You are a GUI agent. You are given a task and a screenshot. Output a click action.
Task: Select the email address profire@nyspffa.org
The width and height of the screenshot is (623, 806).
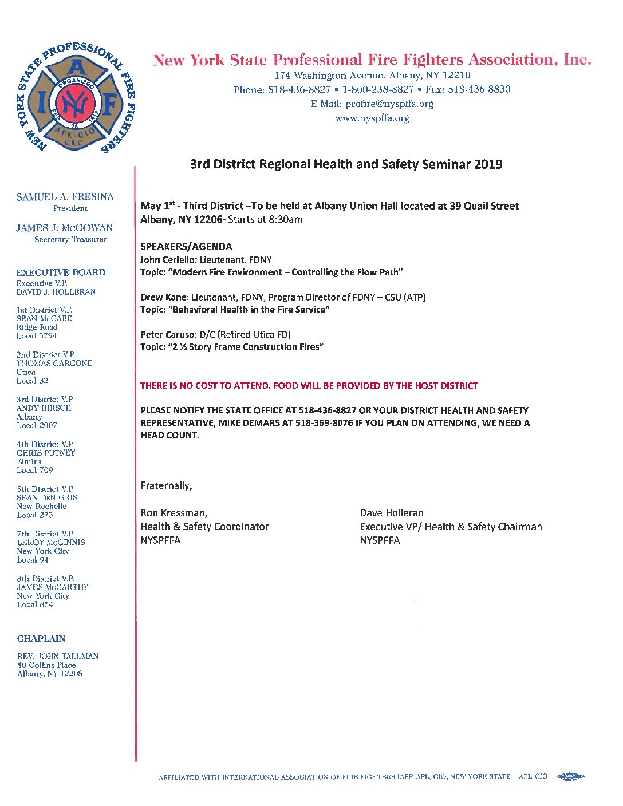point(389,104)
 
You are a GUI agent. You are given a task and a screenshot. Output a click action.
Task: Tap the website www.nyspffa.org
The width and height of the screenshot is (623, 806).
point(372,118)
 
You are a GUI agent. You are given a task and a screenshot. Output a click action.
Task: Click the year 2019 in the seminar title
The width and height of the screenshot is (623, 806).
point(488,164)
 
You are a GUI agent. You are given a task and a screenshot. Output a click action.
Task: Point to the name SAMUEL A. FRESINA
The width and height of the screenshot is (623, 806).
point(65,197)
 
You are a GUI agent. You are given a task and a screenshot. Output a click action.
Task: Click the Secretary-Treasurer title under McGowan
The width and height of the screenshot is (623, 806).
point(70,239)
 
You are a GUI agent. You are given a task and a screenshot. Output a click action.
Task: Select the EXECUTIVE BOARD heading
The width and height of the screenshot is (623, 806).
point(61,272)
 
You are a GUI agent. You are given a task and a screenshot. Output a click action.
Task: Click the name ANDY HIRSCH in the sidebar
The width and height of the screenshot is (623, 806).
point(44,408)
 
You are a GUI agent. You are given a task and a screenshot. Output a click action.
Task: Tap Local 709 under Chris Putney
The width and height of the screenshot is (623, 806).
point(34,470)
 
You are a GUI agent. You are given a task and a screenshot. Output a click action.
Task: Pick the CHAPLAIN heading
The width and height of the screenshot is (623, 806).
point(41,639)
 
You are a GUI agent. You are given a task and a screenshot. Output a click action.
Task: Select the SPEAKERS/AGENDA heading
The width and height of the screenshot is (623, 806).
point(186,247)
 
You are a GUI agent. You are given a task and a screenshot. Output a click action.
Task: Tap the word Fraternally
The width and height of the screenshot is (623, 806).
point(166,485)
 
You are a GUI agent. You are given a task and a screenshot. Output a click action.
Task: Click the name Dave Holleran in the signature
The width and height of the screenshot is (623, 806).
point(392,513)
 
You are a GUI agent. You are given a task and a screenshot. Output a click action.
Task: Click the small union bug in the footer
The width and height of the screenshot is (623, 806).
point(570,777)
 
